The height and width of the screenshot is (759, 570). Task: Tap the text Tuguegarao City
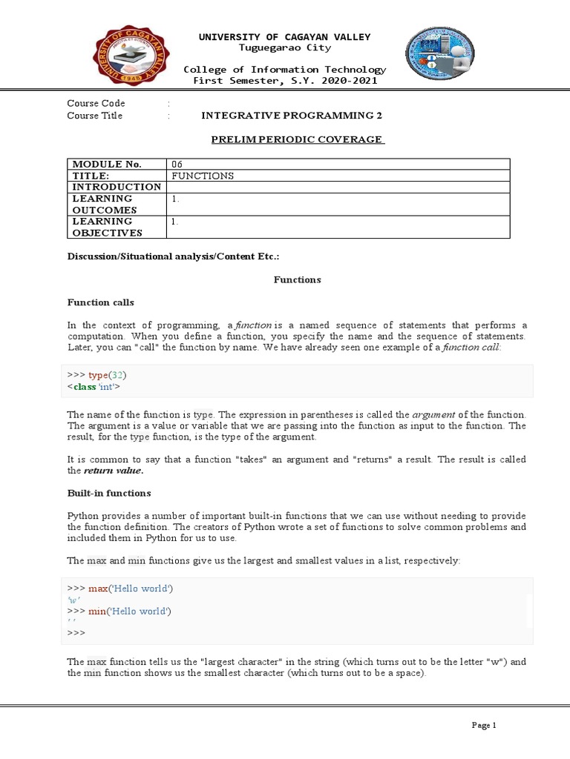pos(285,48)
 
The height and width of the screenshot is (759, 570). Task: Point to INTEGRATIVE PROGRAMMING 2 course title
pos(292,116)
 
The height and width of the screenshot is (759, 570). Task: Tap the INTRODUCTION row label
pos(117,187)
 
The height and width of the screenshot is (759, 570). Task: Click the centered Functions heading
pos(297,279)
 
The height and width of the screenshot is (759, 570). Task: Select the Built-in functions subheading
pos(108,493)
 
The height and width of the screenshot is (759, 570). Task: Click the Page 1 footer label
pos(484,725)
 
